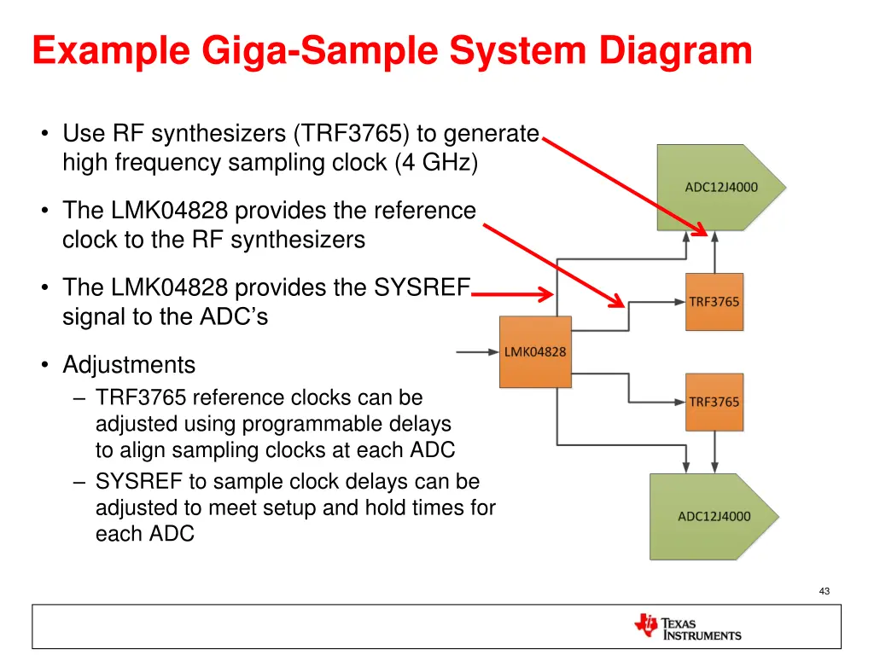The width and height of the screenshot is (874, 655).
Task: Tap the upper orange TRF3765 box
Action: click(x=714, y=302)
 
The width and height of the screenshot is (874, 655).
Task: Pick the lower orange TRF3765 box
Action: click(x=714, y=402)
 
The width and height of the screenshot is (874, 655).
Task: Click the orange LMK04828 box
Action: click(x=534, y=351)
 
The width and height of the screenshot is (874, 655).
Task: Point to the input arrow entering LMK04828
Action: click(x=476, y=351)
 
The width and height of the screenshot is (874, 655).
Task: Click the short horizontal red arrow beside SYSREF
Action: click(x=512, y=295)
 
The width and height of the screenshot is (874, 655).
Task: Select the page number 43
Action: click(x=824, y=591)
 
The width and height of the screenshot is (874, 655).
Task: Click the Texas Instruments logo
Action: click(x=688, y=627)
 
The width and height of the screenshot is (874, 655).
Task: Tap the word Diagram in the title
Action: click(x=675, y=50)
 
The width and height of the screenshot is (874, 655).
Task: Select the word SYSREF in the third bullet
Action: click(x=422, y=288)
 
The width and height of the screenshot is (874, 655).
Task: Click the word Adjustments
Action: click(x=129, y=365)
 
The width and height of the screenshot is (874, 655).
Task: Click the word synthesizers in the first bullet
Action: click(x=214, y=134)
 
